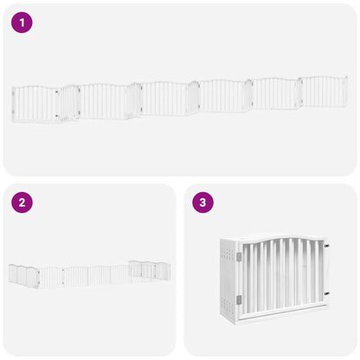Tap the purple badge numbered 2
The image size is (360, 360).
[22, 203]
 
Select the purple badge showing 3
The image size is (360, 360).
[202, 203]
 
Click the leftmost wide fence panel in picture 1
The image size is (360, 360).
[36, 104]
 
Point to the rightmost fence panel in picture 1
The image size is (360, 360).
[323, 92]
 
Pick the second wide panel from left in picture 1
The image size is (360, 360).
[103, 100]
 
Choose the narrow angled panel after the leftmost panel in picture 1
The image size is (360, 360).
[70, 102]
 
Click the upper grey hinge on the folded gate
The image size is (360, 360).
[239, 257]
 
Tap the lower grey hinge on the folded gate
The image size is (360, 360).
[239, 299]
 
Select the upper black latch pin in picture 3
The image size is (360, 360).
[326, 246]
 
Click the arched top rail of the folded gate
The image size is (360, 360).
[281, 237]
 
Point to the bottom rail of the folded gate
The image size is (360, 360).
[281, 311]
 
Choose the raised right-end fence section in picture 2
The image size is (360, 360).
[149, 270]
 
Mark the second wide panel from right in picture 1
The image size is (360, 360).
[274, 93]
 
